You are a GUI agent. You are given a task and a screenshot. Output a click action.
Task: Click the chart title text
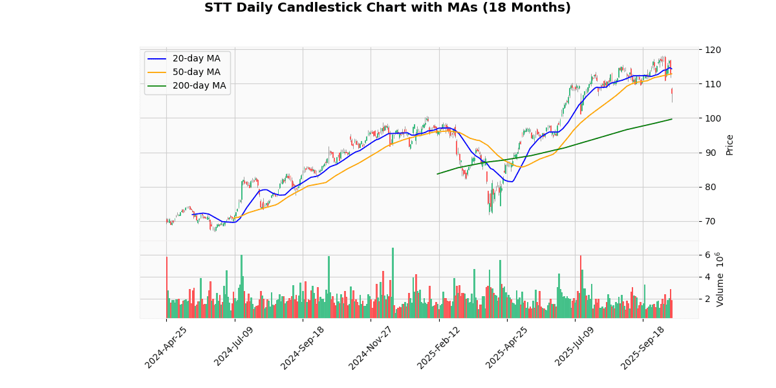pos(387,8)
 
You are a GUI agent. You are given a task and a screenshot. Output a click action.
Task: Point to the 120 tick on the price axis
pos(713,50)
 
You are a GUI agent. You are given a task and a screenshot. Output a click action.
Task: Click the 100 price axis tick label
pos(713,118)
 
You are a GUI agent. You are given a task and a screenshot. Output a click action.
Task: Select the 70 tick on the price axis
pos(711,221)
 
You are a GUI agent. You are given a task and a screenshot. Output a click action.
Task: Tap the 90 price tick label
pos(711,153)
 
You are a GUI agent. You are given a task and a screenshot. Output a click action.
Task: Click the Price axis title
pos(729,144)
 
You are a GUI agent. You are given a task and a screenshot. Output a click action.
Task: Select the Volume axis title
pos(720,279)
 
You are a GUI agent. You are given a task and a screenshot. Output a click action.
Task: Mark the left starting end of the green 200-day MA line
pos(437,173)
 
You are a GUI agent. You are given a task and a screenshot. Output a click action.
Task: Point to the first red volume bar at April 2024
pos(166,287)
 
